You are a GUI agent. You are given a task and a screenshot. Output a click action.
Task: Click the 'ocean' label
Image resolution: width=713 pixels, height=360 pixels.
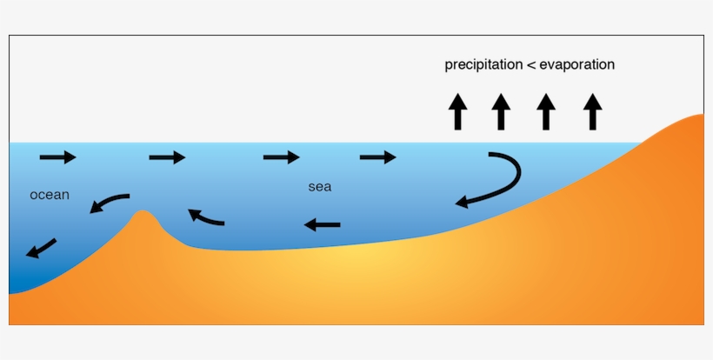(50, 195)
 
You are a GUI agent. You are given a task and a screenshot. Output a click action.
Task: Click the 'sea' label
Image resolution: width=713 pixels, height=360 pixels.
(319, 187)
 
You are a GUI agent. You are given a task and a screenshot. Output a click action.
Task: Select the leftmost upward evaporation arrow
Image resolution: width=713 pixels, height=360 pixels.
(457, 112)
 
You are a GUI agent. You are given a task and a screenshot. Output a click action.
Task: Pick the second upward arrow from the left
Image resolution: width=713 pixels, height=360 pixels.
(501, 112)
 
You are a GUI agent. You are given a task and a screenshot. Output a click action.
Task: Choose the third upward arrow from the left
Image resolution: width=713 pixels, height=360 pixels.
(546, 112)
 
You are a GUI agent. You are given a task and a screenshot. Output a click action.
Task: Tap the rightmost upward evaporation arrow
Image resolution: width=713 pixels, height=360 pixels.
(592, 112)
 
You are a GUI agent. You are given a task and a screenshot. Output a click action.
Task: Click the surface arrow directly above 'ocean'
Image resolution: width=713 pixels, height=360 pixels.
(58, 157)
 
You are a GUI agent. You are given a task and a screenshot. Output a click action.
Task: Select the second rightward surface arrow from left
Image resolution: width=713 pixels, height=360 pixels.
(167, 157)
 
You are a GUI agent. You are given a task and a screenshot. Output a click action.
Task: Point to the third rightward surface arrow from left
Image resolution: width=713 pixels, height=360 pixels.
(281, 157)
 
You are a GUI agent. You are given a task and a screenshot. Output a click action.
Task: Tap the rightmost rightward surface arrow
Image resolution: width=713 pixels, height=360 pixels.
(377, 157)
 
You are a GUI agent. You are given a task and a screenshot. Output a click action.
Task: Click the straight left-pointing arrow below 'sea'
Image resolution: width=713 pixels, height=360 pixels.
(322, 226)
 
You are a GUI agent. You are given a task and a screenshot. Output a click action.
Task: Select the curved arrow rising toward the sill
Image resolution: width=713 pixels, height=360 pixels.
(206, 217)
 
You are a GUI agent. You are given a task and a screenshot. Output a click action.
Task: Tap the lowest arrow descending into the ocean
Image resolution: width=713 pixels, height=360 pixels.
(41, 248)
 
